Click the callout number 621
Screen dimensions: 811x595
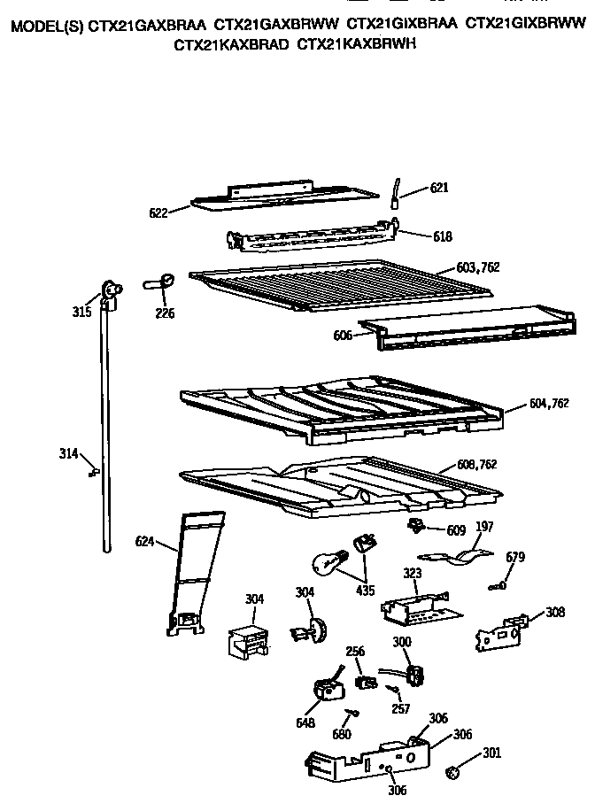pos(439,188)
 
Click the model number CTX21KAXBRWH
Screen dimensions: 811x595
pos(356,42)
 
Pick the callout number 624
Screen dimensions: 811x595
pos(145,541)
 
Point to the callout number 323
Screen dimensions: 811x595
pos(413,574)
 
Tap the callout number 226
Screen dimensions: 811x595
pos(165,313)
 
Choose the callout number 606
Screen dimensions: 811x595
pos(343,336)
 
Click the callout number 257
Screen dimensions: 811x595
pos(400,709)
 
